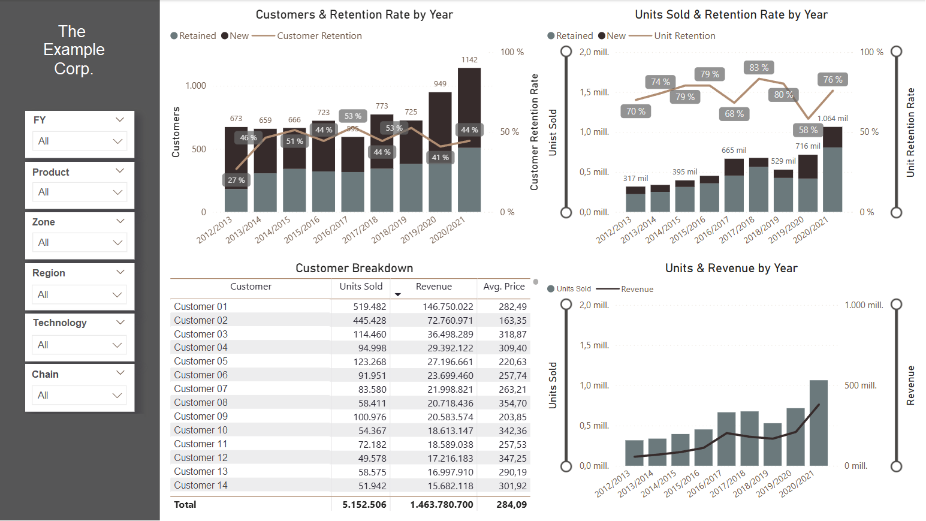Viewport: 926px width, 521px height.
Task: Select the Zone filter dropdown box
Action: [79, 242]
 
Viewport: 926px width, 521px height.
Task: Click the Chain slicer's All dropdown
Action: [79, 395]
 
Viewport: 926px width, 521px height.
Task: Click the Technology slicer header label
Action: [60, 323]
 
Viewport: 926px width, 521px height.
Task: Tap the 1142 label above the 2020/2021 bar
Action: [469, 60]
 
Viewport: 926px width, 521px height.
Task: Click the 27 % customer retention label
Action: [236, 180]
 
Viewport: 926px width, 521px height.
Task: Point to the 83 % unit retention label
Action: [759, 68]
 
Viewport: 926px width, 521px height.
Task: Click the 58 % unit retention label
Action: [808, 130]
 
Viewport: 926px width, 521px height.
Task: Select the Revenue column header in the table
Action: [433, 287]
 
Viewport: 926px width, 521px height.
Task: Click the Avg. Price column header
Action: [504, 287]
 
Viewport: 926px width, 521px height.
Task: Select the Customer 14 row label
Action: [201, 486]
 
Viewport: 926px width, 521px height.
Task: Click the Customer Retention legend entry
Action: [319, 36]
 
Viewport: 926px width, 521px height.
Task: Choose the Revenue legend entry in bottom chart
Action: [637, 289]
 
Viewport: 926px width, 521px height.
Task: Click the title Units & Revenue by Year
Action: [731, 268]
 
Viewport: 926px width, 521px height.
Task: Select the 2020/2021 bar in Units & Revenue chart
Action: [818, 423]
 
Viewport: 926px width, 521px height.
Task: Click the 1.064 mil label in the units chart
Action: [833, 119]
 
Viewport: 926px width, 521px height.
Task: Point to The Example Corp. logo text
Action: [74, 50]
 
